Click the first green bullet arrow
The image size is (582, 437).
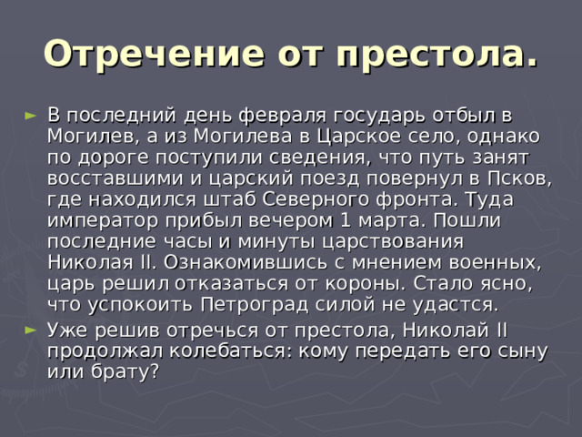pyautogui.click(x=30, y=116)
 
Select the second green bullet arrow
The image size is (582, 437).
pyautogui.click(x=30, y=330)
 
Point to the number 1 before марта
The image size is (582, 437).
pyautogui.click(x=346, y=220)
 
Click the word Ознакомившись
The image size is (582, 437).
pyautogui.click(x=246, y=263)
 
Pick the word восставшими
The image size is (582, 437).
pyautogui.click(x=115, y=179)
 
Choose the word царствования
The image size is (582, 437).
pyautogui.click(x=393, y=242)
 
